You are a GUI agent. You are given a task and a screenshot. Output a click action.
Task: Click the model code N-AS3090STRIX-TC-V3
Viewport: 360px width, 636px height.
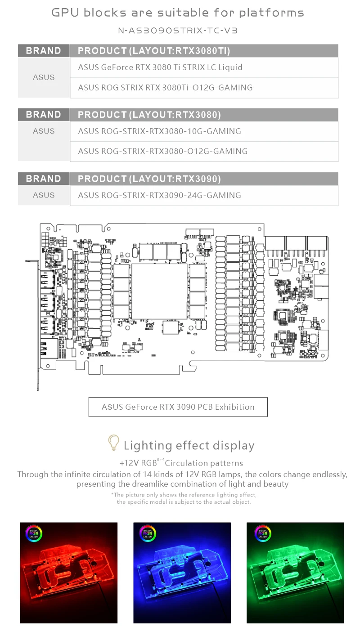tap(177, 31)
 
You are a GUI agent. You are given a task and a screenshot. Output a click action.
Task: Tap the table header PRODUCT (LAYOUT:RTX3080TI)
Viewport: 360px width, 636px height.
tap(154, 51)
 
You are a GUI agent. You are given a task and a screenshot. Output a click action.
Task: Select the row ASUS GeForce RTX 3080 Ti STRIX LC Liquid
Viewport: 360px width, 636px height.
tap(160, 67)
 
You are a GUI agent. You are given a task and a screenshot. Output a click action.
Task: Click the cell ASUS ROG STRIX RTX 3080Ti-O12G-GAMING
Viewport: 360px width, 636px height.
tap(165, 88)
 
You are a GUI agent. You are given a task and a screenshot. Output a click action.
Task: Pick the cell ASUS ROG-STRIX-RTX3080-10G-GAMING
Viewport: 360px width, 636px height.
tap(159, 131)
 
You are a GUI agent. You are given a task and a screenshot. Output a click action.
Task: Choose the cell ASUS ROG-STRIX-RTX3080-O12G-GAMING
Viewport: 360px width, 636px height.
tap(162, 151)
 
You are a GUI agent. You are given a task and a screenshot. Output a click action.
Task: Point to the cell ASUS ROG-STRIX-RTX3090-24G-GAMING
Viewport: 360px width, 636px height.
tap(159, 195)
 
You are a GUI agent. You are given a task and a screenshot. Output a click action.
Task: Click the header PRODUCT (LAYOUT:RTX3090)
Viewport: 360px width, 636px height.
tap(149, 179)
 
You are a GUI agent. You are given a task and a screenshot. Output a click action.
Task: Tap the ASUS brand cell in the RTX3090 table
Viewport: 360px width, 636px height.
tap(44, 195)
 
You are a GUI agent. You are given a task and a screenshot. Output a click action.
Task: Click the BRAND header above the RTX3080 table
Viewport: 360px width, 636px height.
tap(44, 115)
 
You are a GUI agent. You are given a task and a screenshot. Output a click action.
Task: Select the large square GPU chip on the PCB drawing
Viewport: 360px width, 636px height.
tap(153, 286)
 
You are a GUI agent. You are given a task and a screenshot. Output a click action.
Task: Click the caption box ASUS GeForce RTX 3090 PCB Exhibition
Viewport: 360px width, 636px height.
tap(178, 407)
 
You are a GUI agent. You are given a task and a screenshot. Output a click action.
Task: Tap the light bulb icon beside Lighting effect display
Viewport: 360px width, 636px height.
tap(114, 443)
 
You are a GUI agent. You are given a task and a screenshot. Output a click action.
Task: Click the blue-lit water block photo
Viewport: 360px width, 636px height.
tap(182, 573)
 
